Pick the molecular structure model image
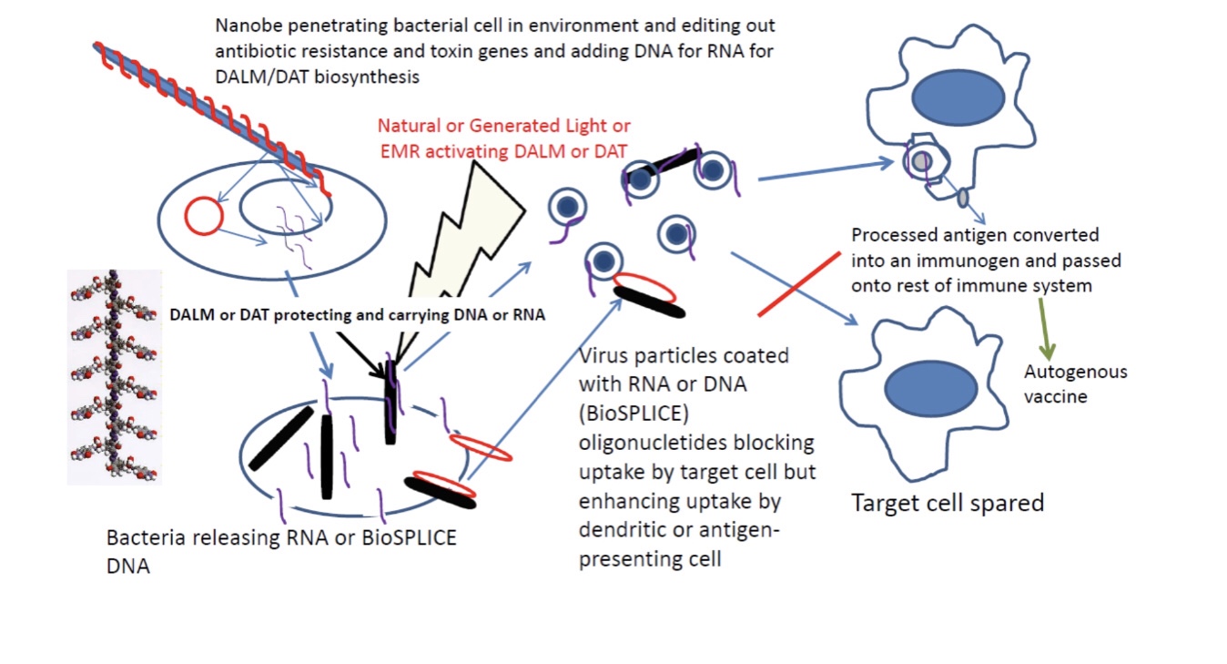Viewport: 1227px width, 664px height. click(115, 376)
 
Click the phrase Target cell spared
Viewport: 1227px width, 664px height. click(947, 503)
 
